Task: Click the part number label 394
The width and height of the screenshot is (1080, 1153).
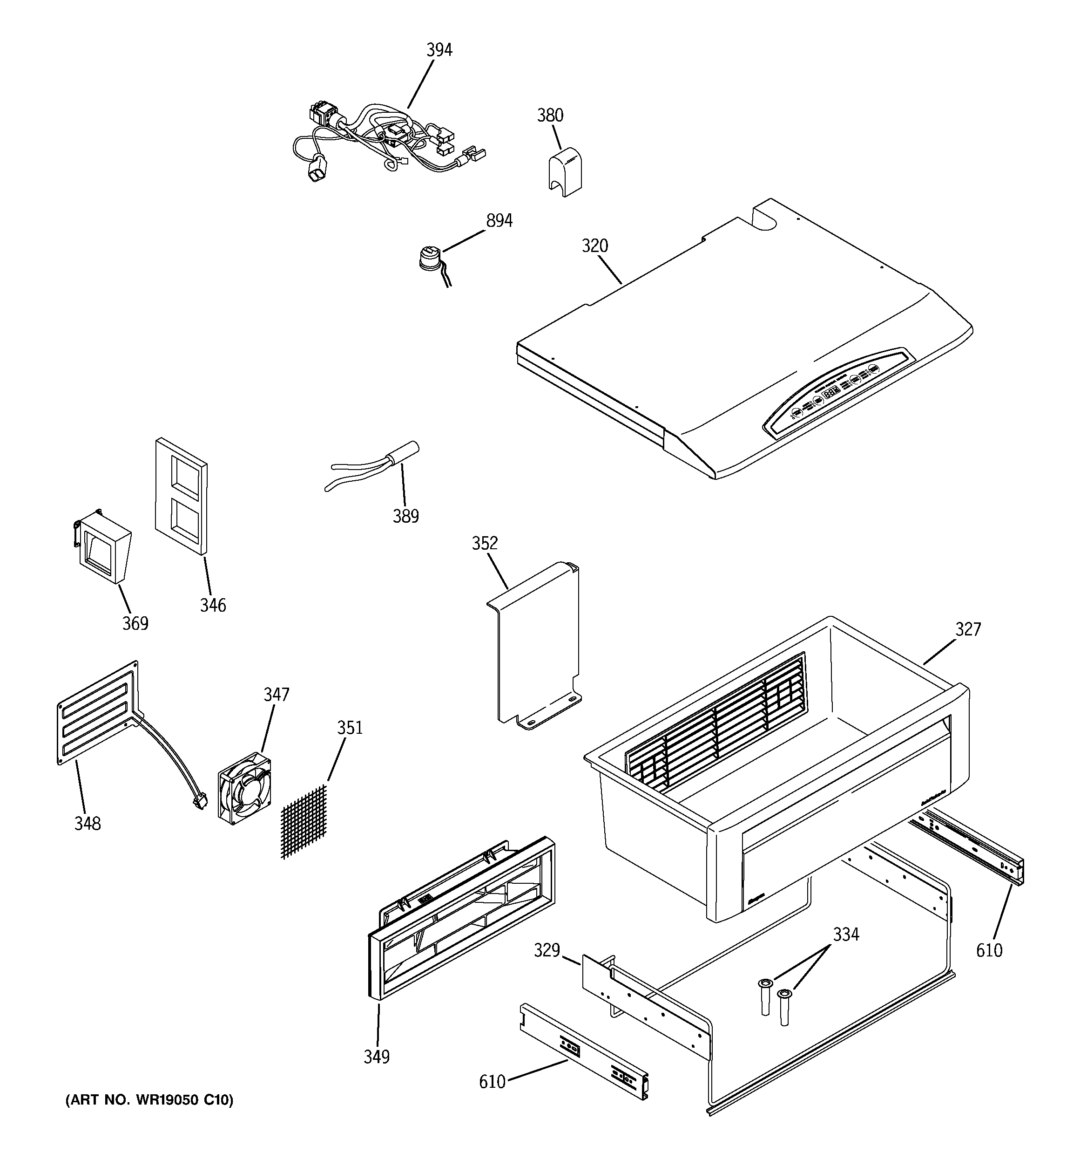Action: point(439,50)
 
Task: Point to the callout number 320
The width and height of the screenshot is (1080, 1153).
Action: point(595,246)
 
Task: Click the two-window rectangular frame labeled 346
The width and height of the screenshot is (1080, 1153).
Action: point(182,495)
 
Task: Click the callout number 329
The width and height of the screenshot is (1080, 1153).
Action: point(546,950)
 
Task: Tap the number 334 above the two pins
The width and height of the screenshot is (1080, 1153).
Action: point(846,935)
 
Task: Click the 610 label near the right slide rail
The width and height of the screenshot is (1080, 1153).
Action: point(988,950)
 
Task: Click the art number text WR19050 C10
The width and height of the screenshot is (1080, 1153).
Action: point(149,1099)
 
